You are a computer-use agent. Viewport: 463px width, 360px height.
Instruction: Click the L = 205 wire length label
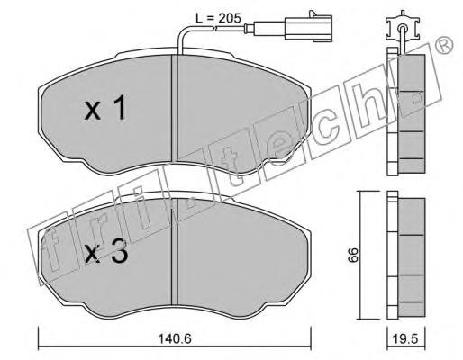218,18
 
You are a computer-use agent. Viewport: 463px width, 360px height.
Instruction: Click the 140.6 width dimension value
175,338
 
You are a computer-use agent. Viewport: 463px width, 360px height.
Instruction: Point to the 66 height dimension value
353,255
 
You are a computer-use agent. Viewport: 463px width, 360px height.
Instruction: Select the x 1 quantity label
104,108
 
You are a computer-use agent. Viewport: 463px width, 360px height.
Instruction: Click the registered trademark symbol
444,45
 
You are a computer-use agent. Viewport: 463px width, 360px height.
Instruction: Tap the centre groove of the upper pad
175,107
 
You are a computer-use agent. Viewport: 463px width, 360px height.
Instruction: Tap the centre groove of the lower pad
175,251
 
